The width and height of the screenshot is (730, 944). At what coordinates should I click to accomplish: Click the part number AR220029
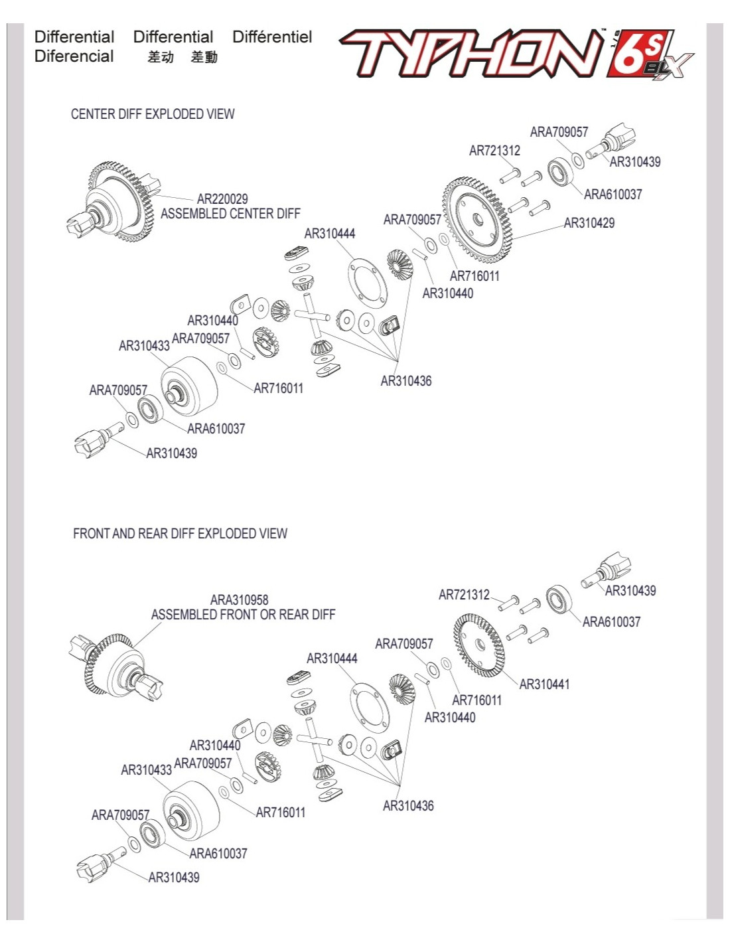point(222,199)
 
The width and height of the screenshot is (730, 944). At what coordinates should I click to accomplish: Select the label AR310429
point(589,223)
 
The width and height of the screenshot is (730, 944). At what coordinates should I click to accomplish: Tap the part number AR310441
point(544,684)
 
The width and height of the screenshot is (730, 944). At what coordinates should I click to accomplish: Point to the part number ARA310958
point(239,600)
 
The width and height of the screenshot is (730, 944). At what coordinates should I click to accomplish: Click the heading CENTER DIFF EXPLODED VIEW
point(153,114)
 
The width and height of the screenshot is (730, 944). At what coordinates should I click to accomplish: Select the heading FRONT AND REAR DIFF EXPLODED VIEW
point(180,534)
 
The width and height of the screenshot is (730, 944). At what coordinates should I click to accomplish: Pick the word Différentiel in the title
point(272,37)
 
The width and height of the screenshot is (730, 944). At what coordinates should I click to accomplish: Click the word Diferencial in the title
point(74,56)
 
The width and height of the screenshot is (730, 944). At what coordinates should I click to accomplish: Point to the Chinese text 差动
point(161,58)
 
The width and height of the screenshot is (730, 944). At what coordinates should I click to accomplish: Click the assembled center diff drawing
point(113,199)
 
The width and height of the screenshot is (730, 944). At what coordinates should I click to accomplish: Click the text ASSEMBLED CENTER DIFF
point(230,214)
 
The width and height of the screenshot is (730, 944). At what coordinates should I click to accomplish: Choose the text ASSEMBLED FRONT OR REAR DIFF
point(243,615)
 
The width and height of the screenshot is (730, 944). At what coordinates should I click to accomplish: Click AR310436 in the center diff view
point(405,381)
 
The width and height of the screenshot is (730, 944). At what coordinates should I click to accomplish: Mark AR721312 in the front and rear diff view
point(464,595)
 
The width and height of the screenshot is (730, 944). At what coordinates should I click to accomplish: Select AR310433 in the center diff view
point(144,346)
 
